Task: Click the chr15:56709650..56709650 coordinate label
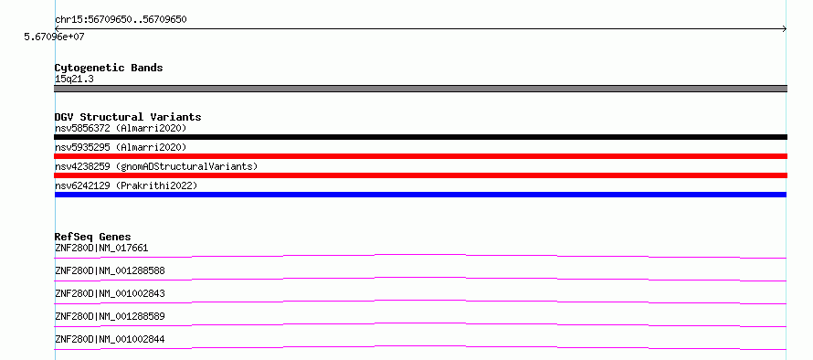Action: point(121,20)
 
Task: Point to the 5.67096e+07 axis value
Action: point(54,37)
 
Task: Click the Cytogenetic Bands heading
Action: point(109,68)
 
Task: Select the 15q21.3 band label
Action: point(74,79)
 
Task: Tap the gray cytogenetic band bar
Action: point(420,89)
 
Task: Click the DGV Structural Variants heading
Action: point(128,117)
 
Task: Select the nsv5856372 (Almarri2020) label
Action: point(121,128)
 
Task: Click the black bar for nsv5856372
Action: point(420,137)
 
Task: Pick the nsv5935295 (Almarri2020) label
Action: point(121,147)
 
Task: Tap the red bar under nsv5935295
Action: point(420,156)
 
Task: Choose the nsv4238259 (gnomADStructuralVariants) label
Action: point(156,166)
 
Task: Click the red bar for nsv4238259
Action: point(420,175)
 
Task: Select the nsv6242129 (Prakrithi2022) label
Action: point(126,185)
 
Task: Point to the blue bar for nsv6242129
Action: point(420,195)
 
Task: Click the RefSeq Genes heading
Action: point(93,237)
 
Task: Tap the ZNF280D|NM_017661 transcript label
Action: point(101,248)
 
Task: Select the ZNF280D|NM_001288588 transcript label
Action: point(110,270)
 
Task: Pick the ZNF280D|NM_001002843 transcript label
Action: point(110,293)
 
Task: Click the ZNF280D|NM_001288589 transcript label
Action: point(110,316)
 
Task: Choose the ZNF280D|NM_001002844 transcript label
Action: point(110,340)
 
